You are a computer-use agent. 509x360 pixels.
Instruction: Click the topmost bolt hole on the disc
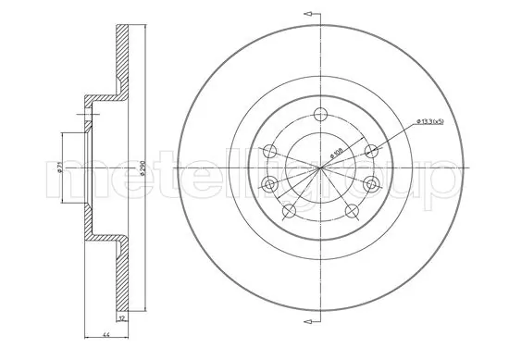coord(321,114)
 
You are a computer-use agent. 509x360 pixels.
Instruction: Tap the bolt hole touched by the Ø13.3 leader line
coord(371,151)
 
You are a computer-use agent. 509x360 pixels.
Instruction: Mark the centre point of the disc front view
coord(320,167)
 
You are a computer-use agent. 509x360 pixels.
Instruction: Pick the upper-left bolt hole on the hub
coord(269,151)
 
